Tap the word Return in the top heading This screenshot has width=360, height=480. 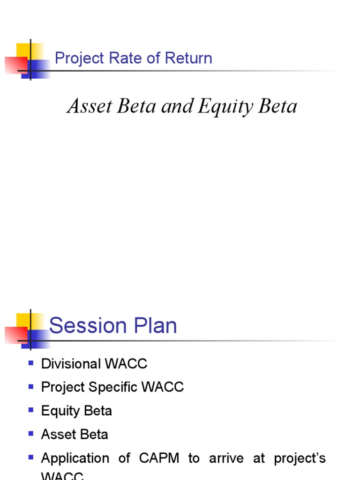pyautogui.click(x=188, y=58)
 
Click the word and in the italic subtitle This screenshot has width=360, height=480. pyautogui.click(x=177, y=106)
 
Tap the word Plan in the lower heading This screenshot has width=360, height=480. pyautogui.click(x=155, y=325)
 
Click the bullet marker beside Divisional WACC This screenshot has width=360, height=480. pyautogui.click(x=31, y=363)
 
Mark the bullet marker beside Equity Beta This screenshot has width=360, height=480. pyautogui.click(x=31, y=410)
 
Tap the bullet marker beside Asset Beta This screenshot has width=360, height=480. pyautogui.click(x=31, y=434)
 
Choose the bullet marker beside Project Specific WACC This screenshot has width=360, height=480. pyautogui.click(x=31, y=387)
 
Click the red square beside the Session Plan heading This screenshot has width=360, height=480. pyautogui.click(x=15, y=336)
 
